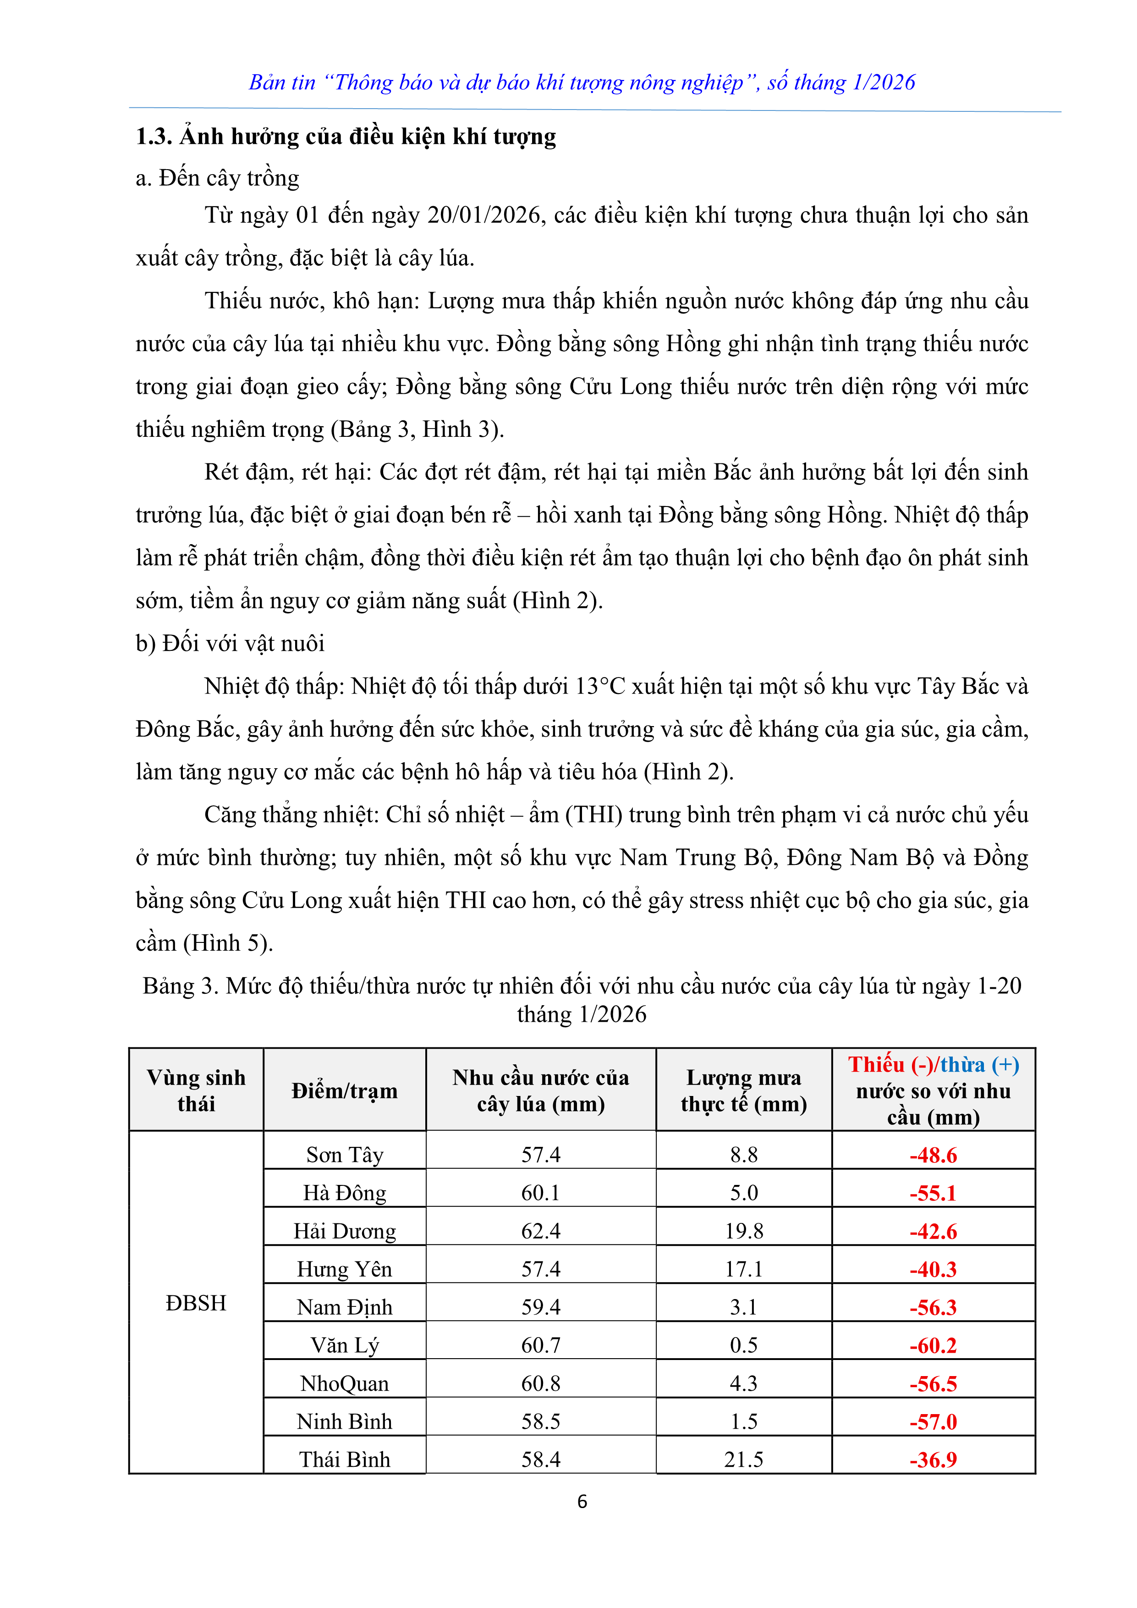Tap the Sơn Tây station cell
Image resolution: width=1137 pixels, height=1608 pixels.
tap(345, 1155)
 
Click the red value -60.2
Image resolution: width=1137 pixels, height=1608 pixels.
tap(933, 1345)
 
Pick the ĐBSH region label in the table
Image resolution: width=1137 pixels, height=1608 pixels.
tap(196, 1303)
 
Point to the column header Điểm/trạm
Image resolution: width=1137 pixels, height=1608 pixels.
tap(345, 1090)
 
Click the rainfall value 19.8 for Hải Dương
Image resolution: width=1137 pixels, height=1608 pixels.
tap(743, 1231)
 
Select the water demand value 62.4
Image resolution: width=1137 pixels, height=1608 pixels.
tap(540, 1231)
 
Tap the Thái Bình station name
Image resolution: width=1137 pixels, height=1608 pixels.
tap(345, 1459)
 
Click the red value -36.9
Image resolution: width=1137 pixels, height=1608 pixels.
tap(933, 1459)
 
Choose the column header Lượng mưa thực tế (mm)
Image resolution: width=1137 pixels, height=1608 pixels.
tap(743, 1090)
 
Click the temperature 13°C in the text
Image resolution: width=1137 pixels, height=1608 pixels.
tap(600, 686)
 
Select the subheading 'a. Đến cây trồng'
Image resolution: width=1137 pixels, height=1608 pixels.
tap(218, 178)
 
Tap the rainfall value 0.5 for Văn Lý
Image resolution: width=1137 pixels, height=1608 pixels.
tap(743, 1345)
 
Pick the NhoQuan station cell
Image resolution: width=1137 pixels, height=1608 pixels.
tap(345, 1383)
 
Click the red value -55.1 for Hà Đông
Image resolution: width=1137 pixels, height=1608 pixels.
tap(933, 1193)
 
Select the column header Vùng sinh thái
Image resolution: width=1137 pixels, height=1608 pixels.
tap(196, 1090)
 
